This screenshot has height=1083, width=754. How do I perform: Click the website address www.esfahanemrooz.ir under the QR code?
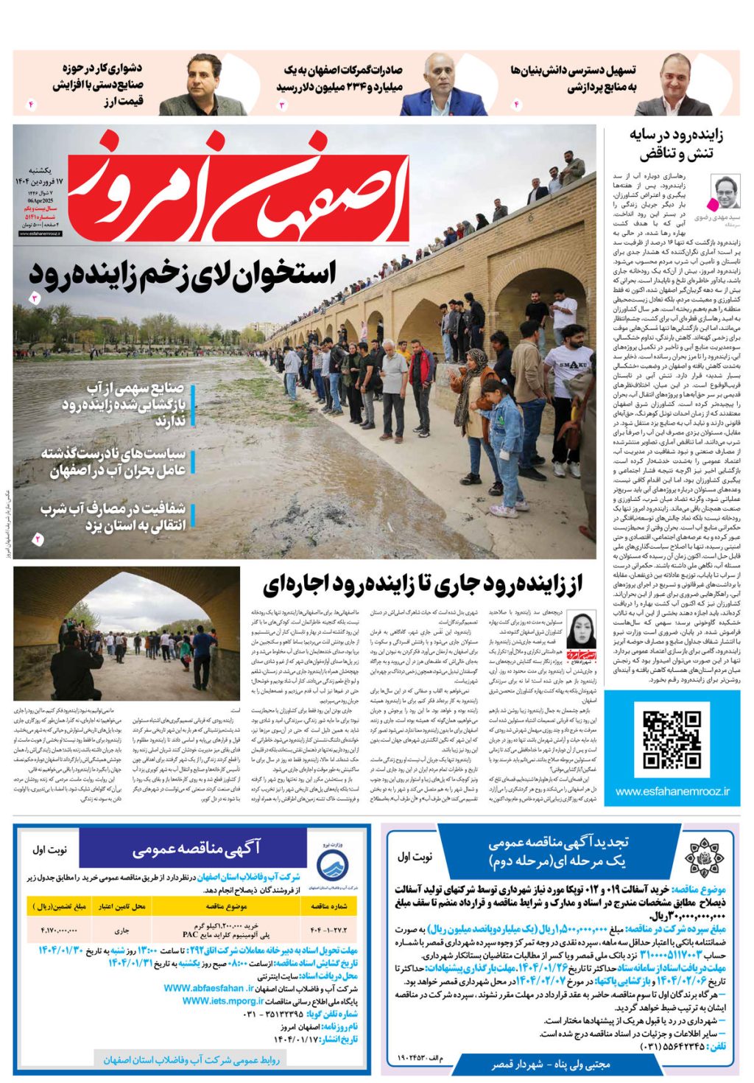tap(672, 791)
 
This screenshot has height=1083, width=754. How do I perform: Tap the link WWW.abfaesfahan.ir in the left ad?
tap(208, 989)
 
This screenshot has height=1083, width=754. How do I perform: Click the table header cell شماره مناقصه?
tap(329, 905)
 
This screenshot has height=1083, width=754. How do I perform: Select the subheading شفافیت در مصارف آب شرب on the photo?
tap(114, 516)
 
